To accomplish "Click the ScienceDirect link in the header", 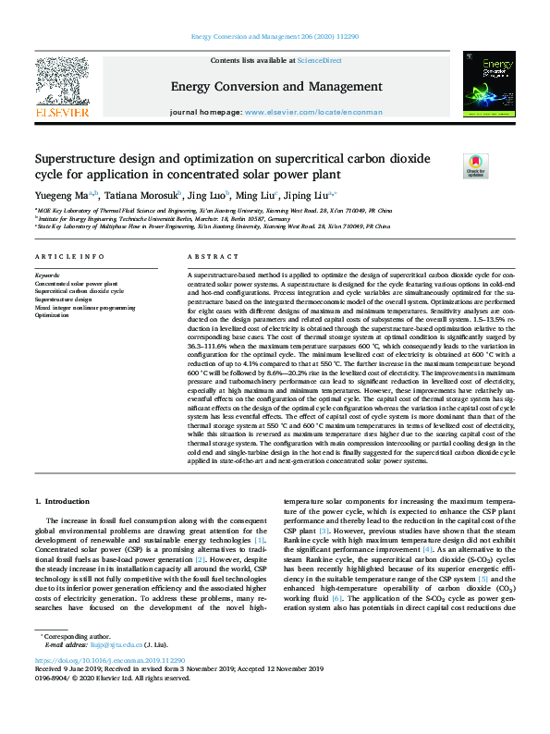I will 320,59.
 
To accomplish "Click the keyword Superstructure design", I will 64,300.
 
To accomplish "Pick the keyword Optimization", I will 53,314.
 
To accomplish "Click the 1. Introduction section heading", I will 64,502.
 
